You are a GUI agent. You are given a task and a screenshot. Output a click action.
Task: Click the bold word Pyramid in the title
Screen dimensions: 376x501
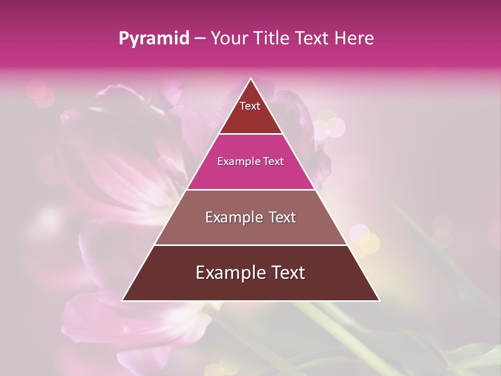pyautogui.click(x=153, y=39)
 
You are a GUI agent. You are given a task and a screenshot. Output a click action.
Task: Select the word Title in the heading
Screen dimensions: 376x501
pyautogui.click(x=272, y=39)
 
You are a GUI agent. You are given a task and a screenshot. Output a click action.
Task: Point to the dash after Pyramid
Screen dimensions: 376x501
pyautogui.click(x=200, y=39)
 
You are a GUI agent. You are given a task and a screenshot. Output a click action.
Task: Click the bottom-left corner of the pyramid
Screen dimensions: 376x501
pyautogui.click(x=123, y=300)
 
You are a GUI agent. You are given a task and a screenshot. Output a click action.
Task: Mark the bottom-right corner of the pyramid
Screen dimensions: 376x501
pyautogui.click(x=379, y=300)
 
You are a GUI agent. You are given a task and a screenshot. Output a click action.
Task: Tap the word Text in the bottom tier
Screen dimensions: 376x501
pyautogui.click(x=288, y=273)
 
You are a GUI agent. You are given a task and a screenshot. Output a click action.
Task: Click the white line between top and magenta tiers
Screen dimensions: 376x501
pyautogui.click(x=250, y=134)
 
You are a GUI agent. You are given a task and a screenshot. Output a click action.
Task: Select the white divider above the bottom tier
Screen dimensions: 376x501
pyautogui.click(x=250, y=245)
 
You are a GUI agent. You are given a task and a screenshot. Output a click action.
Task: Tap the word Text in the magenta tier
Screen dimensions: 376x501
pyautogui.click(x=274, y=162)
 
